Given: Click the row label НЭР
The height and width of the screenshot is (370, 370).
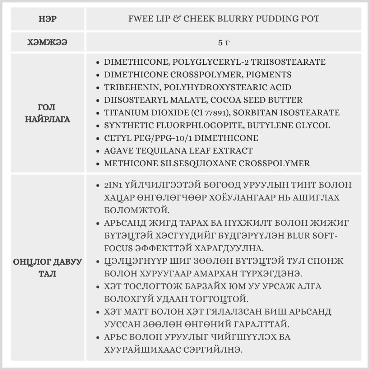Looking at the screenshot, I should point(47,18).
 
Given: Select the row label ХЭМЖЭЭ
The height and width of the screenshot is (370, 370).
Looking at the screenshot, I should point(47,43).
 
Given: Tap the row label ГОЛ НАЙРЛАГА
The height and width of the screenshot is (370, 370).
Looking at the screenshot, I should point(47,113).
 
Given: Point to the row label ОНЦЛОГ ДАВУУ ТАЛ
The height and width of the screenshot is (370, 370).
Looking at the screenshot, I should point(47,268).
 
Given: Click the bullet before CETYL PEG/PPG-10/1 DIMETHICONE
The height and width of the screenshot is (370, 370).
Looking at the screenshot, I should point(97,138).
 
